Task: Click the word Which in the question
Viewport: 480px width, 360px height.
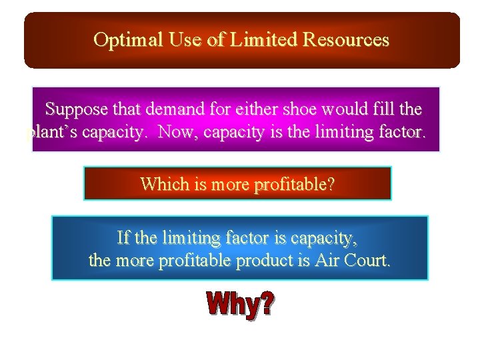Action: [162, 184]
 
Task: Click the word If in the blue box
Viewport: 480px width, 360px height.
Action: [123, 237]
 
